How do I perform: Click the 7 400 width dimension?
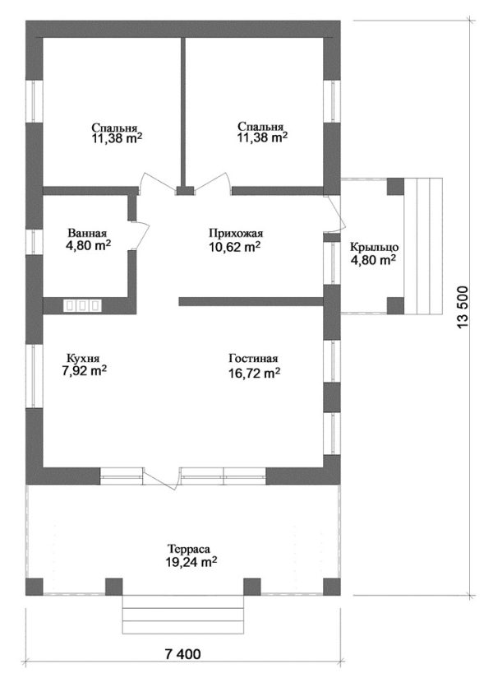pyautogui.click(x=182, y=654)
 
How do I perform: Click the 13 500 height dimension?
pyautogui.click(x=463, y=307)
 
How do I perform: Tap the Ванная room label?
pyautogui.click(x=87, y=233)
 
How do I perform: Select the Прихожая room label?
pyautogui.click(x=236, y=234)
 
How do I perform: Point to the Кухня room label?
pyautogui.click(x=83, y=359)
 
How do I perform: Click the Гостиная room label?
pyautogui.click(x=253, y=359)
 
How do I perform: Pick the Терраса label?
pyautogui.click(x=189, y=549)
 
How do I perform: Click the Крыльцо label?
pyautogui.click(x=374, y=248)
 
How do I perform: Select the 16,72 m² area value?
pyautogui.click(x=255, y=372)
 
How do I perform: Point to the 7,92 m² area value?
pyautogui.click(x=85, y=371)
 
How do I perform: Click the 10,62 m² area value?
pyautogui.click(x=234, y=247)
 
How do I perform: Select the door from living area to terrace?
pyautogui.click(x=161, y=479)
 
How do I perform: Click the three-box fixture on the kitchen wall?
pyautogui.click(x=82, y=306)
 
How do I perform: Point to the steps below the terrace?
pyautogui.click(x=183, y=615)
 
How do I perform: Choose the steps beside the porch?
pyautogui.click(x=423, y=245)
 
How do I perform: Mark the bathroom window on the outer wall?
pyautogui.click(x=35, y=242)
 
